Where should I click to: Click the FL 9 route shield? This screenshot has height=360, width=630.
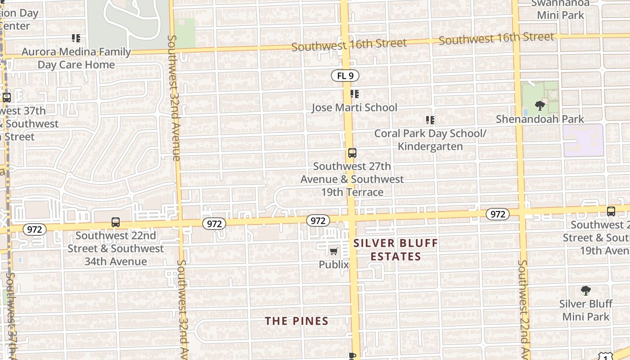coord(345,76)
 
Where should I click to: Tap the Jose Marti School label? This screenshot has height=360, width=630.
coord(355,108)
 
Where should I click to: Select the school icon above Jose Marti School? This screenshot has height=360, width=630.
coord(355,94)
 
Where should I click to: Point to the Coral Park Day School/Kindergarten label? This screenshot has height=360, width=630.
coord(430,140)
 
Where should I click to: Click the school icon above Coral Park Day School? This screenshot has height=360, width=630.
coord(430,120)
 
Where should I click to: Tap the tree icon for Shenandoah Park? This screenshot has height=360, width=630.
coord(540,106)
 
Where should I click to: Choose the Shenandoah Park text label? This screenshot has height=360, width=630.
coord(540,119)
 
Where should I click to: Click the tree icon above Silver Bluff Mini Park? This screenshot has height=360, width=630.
coord(585,291)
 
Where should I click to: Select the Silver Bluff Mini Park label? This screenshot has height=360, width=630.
coord(585,310)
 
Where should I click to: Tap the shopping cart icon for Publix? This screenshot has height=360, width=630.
coord(333,252)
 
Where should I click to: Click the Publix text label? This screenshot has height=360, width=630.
coord(334,265)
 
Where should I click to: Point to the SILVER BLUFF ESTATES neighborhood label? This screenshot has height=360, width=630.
coord(396,250)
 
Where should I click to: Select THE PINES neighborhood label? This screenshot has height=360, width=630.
coord(297,321)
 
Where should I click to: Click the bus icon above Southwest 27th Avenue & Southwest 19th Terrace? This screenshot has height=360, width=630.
coord(352,153)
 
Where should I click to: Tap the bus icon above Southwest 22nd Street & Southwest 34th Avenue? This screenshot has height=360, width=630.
coord(116,222)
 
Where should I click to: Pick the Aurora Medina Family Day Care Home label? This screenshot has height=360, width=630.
coord(76,58)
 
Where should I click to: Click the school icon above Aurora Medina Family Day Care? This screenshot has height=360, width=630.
coord(76,38)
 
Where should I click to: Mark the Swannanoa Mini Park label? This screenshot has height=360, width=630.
coord(561,9)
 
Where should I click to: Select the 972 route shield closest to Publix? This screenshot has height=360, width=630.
coord(318,220)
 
